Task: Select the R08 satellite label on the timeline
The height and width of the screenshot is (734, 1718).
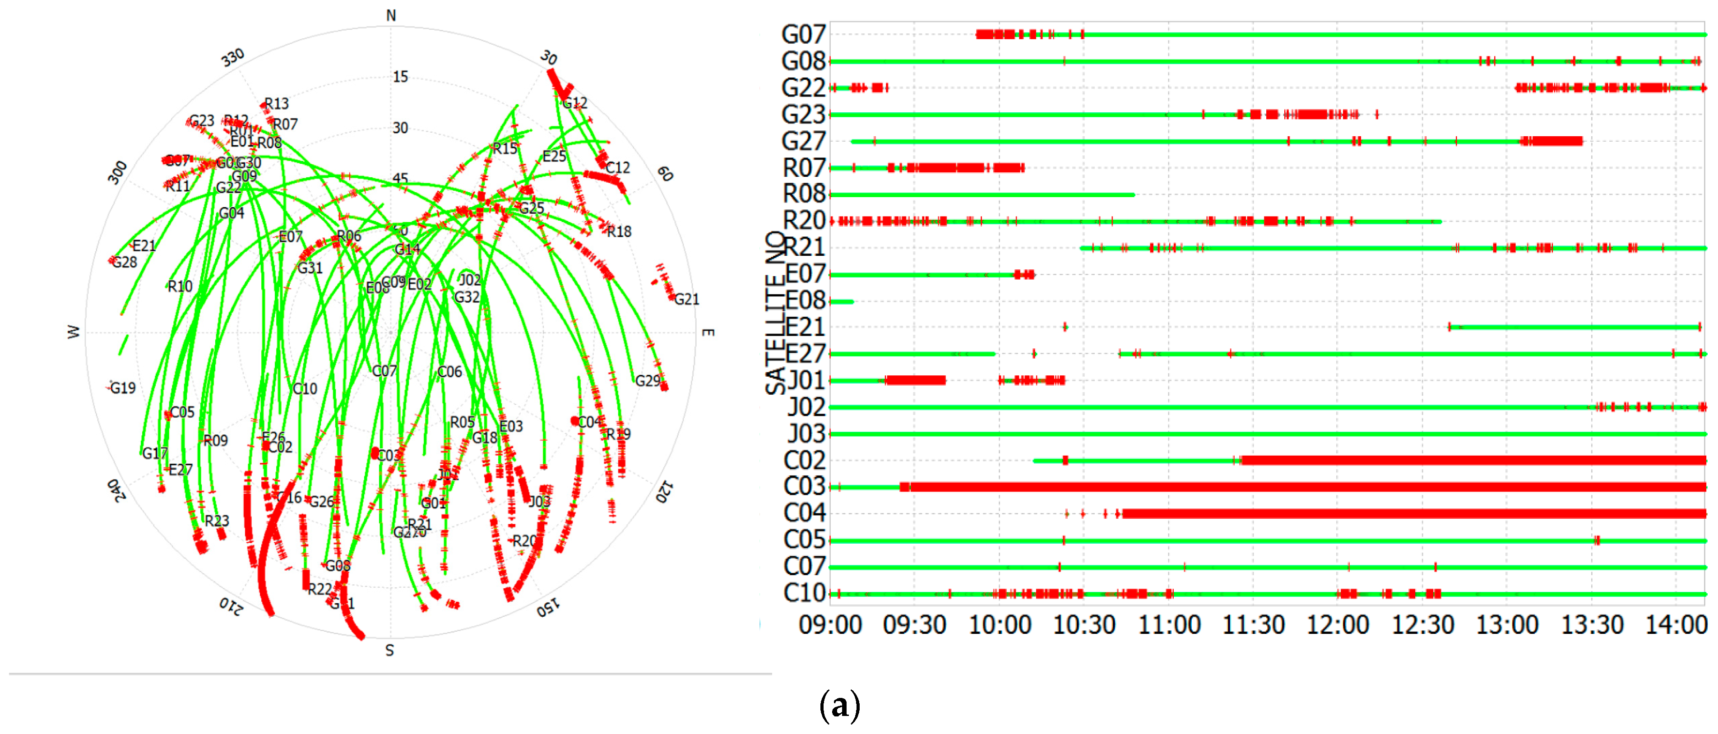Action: pyautogui.click(x=804, y=194)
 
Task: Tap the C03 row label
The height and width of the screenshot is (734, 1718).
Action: pyautogui.click(x=804, y=487)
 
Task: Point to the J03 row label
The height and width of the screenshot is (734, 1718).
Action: pyautogui.click(x=806, y=434)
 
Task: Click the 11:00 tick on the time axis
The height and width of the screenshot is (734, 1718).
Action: pyautogui.click(x=1168, y=625)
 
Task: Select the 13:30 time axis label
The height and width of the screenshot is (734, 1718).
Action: pyautogui.click(x=1591, y=625)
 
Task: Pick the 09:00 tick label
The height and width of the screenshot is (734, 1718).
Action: pyautogui.click(x=830, y=625)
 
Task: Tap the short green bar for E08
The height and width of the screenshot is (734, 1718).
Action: pyautogui.click(x=842, y=302)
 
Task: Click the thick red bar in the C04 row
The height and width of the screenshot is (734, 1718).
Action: pyautogui.click(x=1414, y=513)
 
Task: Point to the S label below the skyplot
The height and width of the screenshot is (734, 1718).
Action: pyautogui.click(x=389, y=651)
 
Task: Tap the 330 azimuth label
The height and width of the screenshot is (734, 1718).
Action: pyautogui.click(x=233, y=58)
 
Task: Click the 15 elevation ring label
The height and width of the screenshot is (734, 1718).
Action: pyautogui.click(x=400, y=77)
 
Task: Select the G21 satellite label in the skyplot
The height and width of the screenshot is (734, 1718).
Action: pyautogui.click(x=686, y=300)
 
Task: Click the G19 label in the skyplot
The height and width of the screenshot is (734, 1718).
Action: pyautogui.click(x=123, y=388)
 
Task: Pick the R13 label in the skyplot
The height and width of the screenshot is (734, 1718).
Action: pyautogui.click(x=276, y=103)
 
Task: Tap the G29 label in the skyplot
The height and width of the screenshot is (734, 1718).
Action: pyautogui.click(x=647, y=381)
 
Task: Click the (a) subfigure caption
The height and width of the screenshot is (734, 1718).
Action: pyautogui.click(x=840, y=705)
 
